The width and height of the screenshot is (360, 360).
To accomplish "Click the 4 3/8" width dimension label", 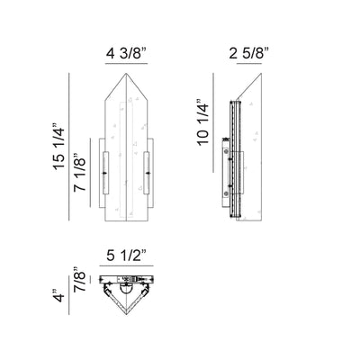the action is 126,54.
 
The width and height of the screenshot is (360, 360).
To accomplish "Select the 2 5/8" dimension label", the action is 248,54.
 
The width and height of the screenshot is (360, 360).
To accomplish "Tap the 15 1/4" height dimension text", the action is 59,146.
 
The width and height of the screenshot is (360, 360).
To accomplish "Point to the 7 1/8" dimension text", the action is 80,172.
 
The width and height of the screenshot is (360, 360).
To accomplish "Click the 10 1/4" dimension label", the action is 202,122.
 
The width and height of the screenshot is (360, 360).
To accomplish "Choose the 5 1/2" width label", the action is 126,256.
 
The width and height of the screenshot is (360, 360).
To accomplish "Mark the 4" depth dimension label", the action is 58,296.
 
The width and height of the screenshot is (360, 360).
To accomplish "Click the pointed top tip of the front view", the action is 126,73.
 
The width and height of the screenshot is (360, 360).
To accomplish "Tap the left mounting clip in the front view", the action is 105,173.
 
